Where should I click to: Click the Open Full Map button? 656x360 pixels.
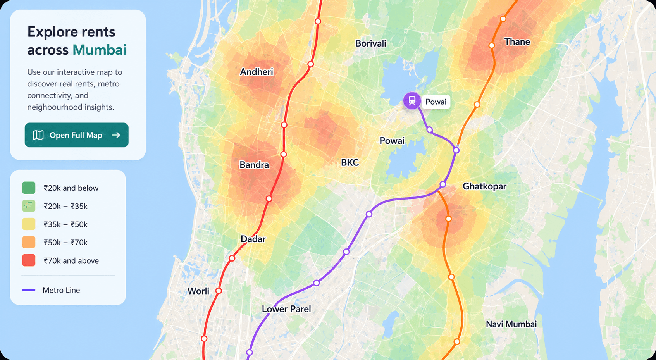[76, 135]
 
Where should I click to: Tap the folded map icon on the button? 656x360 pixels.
[38, 135]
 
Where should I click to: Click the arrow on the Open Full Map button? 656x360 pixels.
[116, 135]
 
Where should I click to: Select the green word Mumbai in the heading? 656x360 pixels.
[99, 50]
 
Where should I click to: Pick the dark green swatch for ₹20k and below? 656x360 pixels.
[29, 188]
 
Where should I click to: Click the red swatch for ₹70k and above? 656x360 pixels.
[29, 260]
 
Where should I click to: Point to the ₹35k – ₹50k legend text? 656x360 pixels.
[65, 224]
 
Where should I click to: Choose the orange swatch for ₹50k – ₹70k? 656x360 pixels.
[29, 242]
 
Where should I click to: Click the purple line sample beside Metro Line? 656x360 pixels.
[29, 290]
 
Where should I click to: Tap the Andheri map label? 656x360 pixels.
[257, 72]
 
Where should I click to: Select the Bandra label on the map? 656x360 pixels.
[254, 165]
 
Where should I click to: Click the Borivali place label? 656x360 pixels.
[371, 43]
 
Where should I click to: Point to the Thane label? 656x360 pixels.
[517, 42]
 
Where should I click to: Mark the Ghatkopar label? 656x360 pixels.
[484, 186]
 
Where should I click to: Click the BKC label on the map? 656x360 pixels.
[350, 163]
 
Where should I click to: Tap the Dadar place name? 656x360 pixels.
[253, 239]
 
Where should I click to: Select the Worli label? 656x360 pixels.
[198, 291]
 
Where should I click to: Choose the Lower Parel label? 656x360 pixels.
[286, 309]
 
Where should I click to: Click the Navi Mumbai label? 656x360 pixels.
[511, 324]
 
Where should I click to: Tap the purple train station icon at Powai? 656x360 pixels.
[412, 101]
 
